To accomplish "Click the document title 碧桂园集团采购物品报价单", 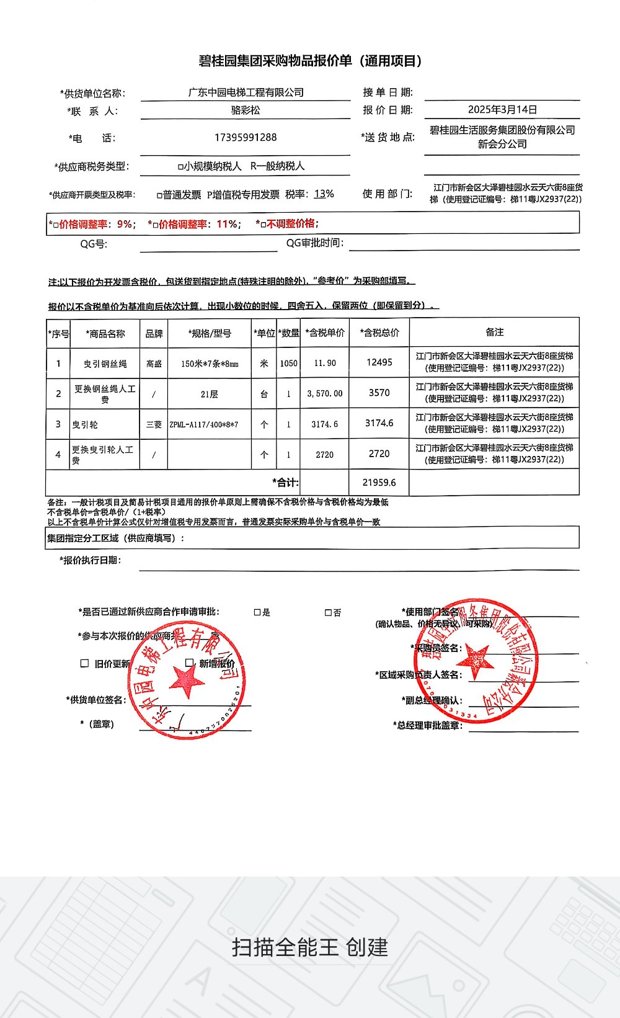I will pos(310,61).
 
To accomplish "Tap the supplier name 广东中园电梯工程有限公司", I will pos(246,92).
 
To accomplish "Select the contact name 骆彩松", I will pos(246,110).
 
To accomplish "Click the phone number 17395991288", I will pos(246,137).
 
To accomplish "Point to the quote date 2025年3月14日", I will pos(502,110).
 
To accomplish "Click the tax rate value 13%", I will pos(324,194).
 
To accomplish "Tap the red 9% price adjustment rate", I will pos(124,224).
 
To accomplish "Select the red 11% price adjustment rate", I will pos(227,224).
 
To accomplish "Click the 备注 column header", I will pos(494,333).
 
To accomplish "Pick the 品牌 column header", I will pos(154,334).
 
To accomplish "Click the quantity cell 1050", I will pos(288,363).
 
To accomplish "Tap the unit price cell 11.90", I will pos(325,363).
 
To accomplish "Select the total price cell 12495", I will pos(379,362).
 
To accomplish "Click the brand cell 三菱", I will pos(154,425).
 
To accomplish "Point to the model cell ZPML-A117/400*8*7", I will pos(203,425).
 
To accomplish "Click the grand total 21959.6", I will pos(379,482).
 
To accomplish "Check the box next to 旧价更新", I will pos(84,663).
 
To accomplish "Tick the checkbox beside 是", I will pos(257,612).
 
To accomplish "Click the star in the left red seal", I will pos(187,681).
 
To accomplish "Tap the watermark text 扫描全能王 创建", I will pos(310,947).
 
